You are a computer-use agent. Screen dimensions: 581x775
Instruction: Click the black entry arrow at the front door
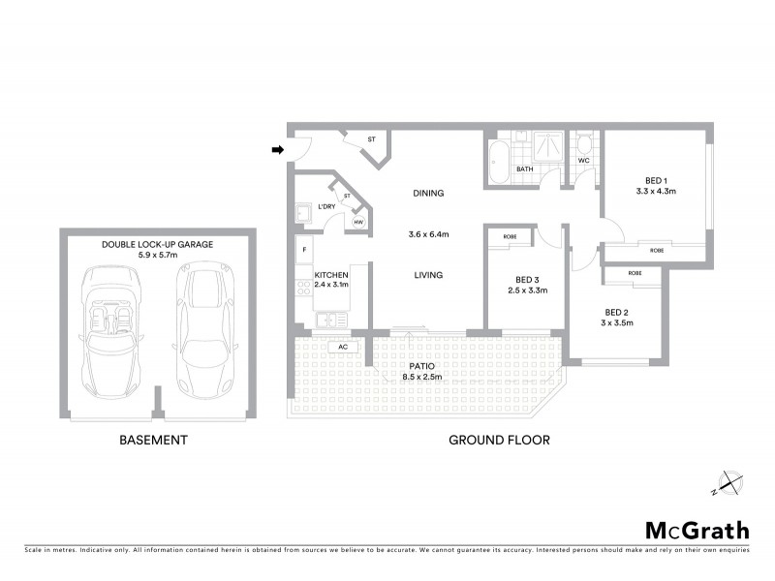pos(277,150)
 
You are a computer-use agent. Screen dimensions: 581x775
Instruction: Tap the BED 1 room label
pos(656,180)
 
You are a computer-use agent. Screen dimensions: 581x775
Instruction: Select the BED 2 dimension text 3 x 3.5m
pos(617,323)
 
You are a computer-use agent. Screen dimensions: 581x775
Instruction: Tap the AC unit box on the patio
pos(341,346)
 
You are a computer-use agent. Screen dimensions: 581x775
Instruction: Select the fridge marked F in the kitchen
pos(304,250)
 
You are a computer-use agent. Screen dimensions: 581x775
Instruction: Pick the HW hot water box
pos(358,223)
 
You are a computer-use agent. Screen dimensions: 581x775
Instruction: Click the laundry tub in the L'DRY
pos(303,212)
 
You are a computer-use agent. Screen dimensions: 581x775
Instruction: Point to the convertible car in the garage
pos(112,324)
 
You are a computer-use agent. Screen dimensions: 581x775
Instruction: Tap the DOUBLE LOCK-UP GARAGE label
pos(158,244)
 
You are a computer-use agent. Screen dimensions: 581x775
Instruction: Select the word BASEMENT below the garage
pos(153,440)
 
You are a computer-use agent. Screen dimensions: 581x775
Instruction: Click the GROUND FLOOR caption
pos(499,440)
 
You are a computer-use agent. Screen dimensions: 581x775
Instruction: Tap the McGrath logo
pos(697,530)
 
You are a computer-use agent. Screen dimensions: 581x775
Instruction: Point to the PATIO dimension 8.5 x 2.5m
pos(421,377)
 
